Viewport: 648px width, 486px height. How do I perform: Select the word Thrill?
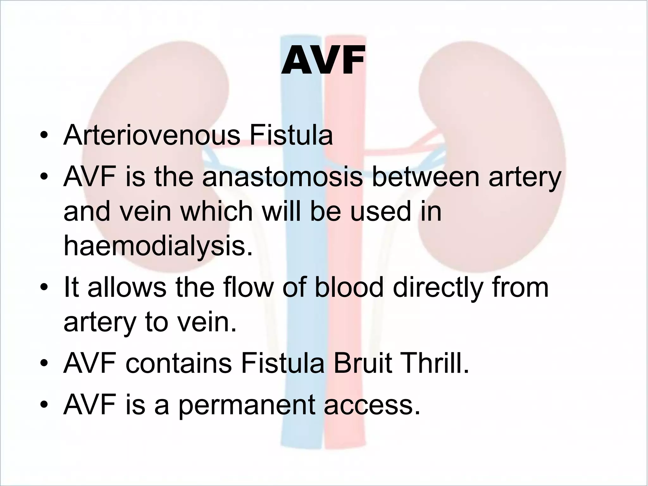(x=434, y=364)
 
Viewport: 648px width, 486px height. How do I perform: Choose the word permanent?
(x=246, y=406)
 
